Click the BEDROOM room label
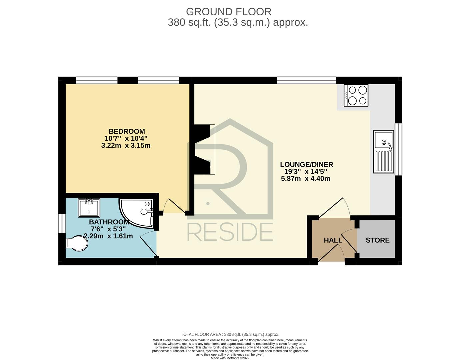click(127, 131)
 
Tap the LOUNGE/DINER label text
click(307, 164)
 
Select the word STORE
click(378, 240)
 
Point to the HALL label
click(333, 240)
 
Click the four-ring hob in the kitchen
click(356, 95)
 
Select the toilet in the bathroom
click(77, 243)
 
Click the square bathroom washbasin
click(89, 208)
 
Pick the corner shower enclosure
click(137, 213)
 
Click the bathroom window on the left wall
click(62, 223)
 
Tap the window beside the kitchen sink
click(398, 149)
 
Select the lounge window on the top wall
click(307, 80)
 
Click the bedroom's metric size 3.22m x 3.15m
click(126, 145)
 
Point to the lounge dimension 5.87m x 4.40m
click(305, 179)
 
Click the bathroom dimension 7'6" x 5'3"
click(108, 229)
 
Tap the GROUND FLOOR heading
click(229, 12)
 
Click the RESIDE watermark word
click(230, 232)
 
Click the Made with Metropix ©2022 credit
click(230, 358)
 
